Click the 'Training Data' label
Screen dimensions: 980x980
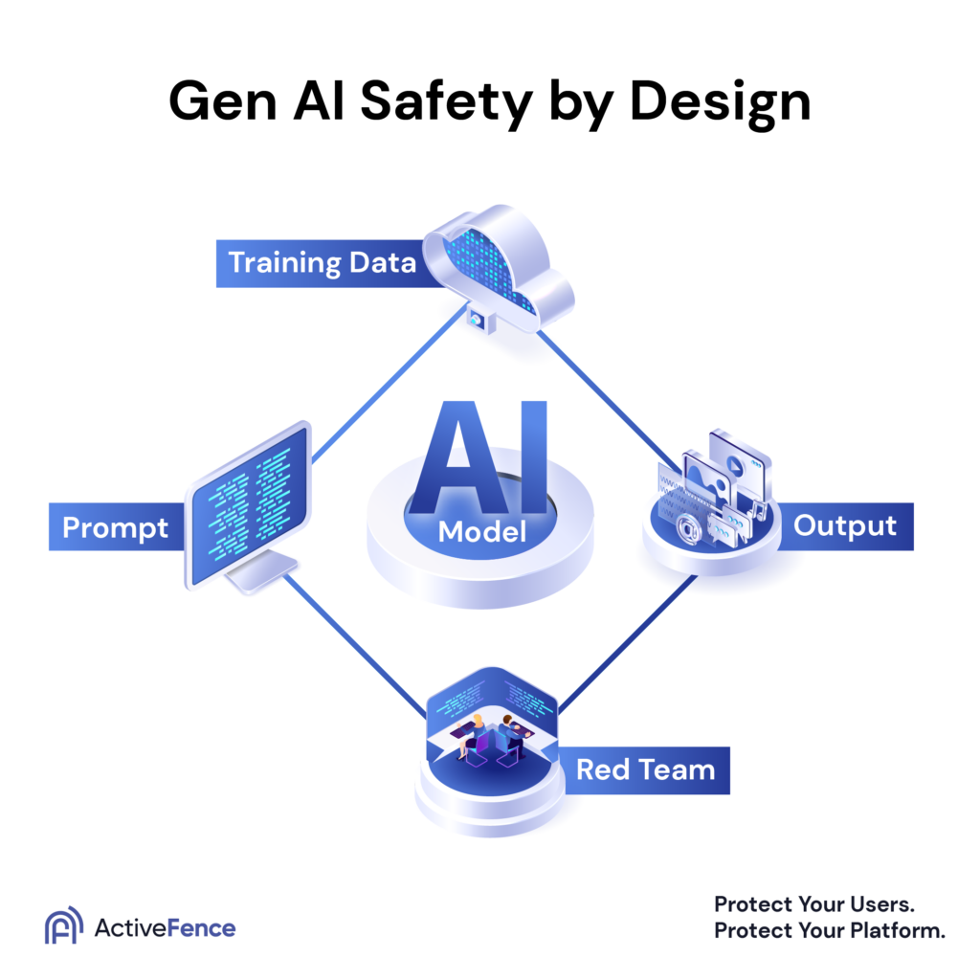(x=323, y=261)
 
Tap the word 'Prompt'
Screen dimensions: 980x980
(x=115, y=527)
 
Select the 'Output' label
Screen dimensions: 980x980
(x=845, y=525)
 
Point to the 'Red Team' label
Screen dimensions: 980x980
(x=645, y=769)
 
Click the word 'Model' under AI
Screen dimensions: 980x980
(x=482, y=531)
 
